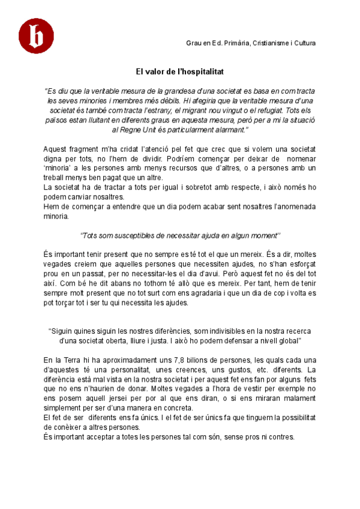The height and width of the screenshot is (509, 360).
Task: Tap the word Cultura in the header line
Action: point(305,43)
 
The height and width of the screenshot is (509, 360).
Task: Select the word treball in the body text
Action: point(56,177)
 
